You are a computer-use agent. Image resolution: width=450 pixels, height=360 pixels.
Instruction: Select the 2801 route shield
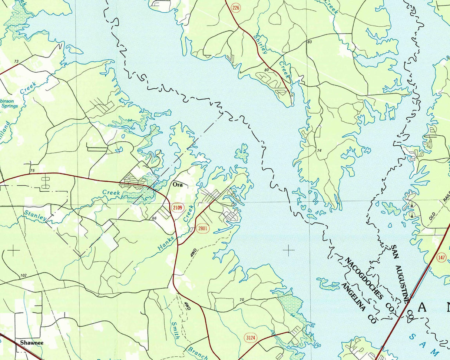(203, 229)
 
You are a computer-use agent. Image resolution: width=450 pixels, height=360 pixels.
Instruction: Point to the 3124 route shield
(251, 337)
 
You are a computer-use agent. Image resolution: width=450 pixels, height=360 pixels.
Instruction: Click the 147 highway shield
(441, 257)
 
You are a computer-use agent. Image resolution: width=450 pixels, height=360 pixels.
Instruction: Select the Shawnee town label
(32, 343)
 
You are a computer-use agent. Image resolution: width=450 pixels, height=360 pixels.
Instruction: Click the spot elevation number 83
(310, 43)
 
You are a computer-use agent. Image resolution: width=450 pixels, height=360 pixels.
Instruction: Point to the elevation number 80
(266, 70)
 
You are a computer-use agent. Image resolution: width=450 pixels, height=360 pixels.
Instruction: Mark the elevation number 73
(16, 62)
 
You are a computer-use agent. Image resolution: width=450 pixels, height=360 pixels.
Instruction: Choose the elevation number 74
(319, 151)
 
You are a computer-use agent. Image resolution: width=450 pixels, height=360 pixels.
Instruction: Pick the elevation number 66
(155, 219)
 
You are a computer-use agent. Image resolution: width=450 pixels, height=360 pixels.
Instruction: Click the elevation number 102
(24, 275)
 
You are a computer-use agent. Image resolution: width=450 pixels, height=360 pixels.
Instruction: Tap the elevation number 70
(242, 300)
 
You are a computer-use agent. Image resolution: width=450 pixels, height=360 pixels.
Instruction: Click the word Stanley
(36, 216)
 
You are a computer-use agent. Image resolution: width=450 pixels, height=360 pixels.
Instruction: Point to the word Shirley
(260, 45)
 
